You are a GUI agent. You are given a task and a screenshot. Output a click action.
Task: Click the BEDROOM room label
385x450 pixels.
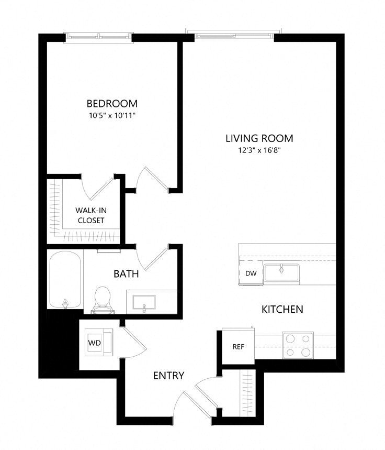112,103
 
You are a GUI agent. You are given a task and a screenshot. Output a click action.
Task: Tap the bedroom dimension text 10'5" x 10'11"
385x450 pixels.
112,116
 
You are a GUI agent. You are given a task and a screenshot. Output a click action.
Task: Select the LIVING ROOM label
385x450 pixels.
259,138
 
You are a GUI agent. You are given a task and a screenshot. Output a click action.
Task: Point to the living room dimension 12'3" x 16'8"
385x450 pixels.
259,150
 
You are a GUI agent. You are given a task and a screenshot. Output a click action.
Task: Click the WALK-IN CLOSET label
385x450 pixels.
91,215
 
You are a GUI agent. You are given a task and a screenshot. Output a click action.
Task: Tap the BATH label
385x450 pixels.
126,274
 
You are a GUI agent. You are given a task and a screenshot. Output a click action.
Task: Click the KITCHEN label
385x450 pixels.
282,309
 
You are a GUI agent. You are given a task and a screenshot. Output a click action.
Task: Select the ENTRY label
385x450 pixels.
168,376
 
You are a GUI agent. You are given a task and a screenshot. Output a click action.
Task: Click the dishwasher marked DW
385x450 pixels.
251,273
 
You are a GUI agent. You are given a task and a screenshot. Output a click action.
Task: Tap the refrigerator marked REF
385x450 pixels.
238,347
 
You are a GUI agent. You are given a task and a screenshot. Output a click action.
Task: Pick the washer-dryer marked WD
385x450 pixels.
99,342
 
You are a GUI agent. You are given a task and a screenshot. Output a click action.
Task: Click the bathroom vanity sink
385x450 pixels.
144,302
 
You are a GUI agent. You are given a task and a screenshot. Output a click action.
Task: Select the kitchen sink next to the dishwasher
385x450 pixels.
281,272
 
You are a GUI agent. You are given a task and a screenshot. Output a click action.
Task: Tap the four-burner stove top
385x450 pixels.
298,345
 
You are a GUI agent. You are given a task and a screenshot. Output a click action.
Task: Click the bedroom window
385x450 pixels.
98,37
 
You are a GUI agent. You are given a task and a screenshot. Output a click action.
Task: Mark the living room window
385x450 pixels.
234,35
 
